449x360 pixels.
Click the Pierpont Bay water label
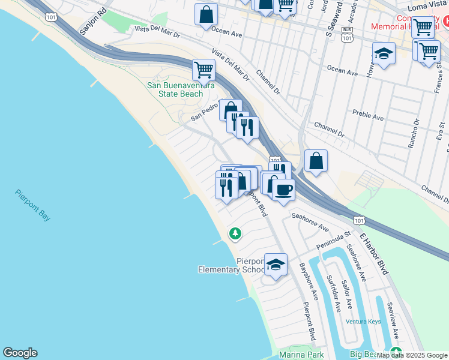[33, 205]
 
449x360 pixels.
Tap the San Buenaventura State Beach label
[181, 89]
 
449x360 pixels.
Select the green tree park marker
[235, 233]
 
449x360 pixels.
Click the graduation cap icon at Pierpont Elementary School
[276, 265]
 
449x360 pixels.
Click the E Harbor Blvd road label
[374, 253]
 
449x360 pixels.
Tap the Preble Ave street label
[369, 114]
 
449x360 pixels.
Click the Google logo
[20, 353]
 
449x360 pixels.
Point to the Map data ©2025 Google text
[412, 355]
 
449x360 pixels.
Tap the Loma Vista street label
[428, 7]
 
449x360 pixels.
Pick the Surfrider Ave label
[334, 293]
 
